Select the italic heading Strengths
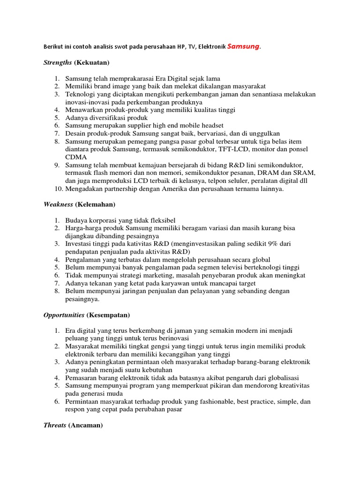point(58,62)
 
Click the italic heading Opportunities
point(64,315)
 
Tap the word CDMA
point(75,157)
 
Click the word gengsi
point(148,346)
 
